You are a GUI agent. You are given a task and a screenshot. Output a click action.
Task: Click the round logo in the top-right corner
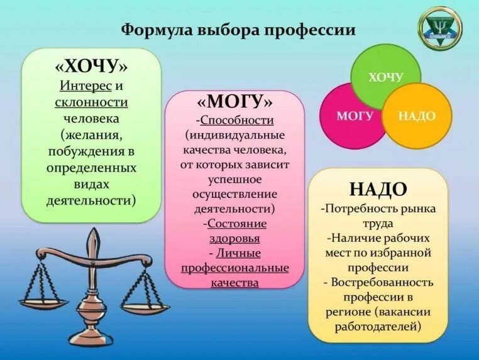[439, 28]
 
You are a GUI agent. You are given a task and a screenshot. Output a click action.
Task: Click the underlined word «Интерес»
[86, 85]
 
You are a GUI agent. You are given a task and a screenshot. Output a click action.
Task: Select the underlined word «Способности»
[236, 120]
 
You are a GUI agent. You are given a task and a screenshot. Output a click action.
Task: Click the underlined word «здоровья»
[234, 238]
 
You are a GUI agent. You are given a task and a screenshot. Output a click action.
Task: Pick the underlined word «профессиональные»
[234, 268]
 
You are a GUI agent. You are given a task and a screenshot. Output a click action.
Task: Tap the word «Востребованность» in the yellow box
[383, 282]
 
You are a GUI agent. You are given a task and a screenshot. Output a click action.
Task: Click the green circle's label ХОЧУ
[385, 77]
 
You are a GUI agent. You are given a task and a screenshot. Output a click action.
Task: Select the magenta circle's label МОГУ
[355, 116]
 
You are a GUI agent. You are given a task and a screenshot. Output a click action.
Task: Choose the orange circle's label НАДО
[417, 116]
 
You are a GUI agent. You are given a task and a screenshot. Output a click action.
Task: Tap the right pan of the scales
[145, 308]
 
